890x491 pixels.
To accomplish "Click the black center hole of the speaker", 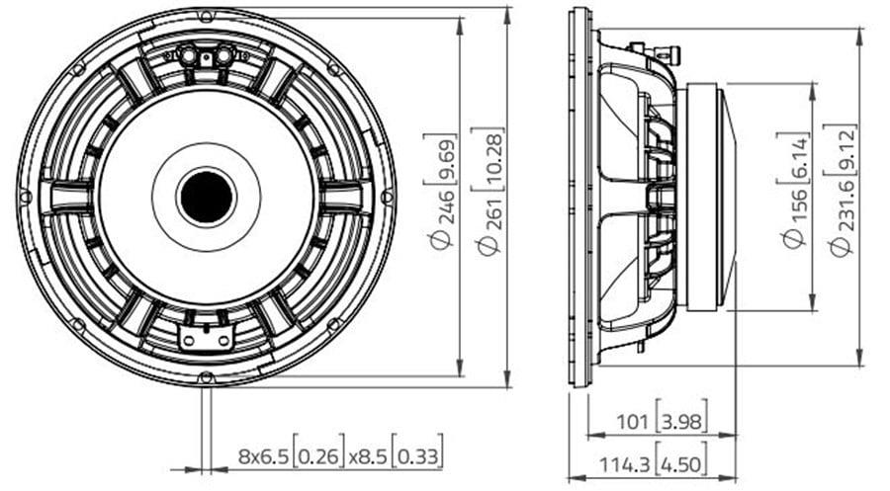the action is (x=207, y=197).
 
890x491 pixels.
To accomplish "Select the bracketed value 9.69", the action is (x=445, y=159).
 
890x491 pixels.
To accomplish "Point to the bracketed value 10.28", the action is (x=492, y=160).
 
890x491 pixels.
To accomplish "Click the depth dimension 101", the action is (x=632, y=421).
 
